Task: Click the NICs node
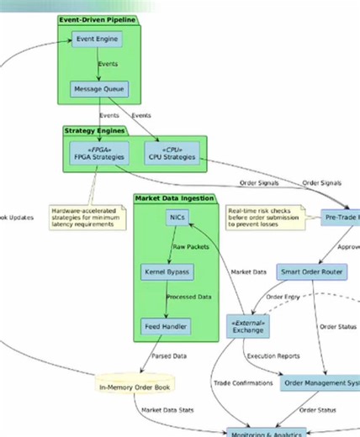(177, 218)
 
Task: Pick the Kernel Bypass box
(167, 272)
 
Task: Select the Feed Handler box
(166, 326)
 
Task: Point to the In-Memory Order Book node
(135, 387)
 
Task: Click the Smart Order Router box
(312, 272)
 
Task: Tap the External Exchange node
(247, 327)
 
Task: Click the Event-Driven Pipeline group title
(98, 18)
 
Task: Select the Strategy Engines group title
(94, 130)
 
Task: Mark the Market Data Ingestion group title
(174, 198)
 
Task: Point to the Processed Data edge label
(189, 297)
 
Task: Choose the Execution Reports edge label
(273, 355)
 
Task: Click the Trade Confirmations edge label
(243, 383)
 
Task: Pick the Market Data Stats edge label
(167, 409)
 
